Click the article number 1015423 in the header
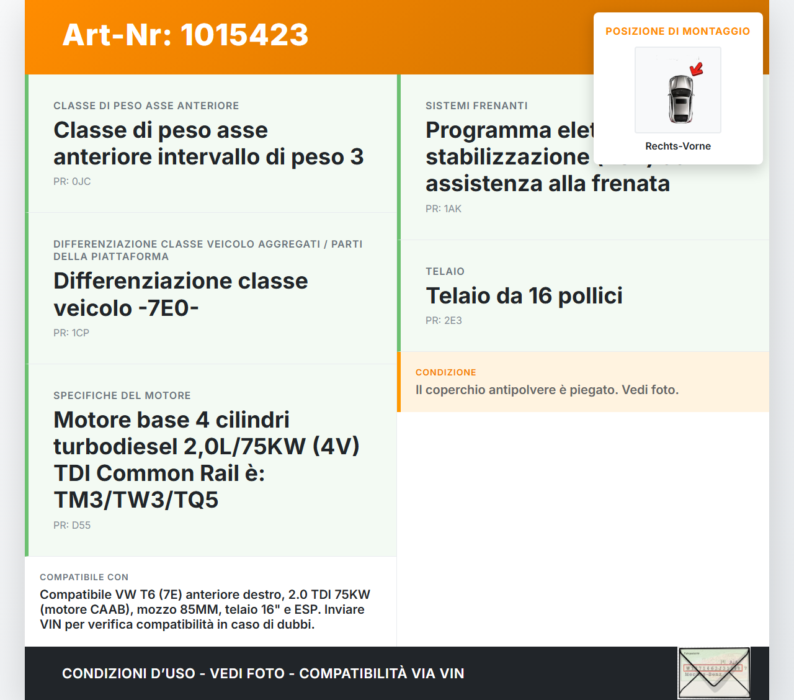pos(244,35)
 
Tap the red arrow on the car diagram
pos(697,68)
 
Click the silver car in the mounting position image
pos(680,99)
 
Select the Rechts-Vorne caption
pos(678,146)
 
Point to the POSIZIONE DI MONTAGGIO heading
pos(677,31)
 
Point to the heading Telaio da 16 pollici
pos(524,296)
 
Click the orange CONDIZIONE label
pos(446,372)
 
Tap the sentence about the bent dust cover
pos(547,390)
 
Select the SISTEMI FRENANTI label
pos(476,105)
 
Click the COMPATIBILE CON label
pos(84,577)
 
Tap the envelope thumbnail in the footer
pos(714,673)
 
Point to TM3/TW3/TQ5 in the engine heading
pos(136,500)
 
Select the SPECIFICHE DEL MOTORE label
pos(122,395)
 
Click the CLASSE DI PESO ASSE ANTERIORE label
pos(146,105)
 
